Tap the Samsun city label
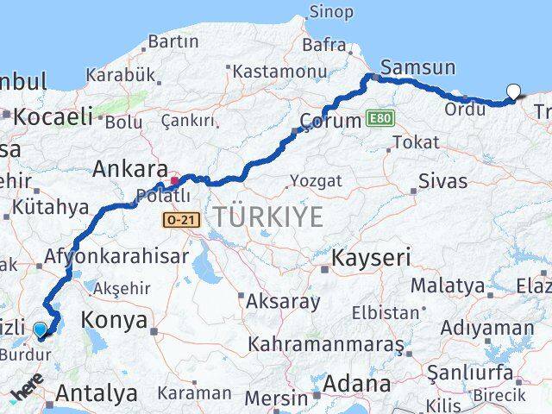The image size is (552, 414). click(x=418, y=66)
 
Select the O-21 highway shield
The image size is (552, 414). click(x=181, y=220)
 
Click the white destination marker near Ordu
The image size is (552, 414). click(x=514, y=91)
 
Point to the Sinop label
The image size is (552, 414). click(x=330, y=12)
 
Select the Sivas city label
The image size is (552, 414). click(x=442, y=181)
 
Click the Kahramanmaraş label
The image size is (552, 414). click(x=325, y=344)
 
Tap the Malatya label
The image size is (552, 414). click(x=447, y=285)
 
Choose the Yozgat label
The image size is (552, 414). click(x=316, y=181)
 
